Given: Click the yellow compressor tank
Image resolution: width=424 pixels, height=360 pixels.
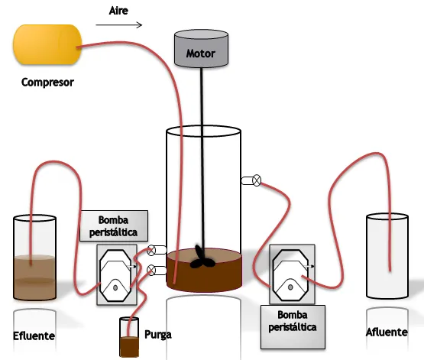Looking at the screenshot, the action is (x=47, y=44).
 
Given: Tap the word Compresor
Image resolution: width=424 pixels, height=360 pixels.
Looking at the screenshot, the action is (x=47, y=83).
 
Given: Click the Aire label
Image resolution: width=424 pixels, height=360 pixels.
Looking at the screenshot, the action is (x=118, y=11).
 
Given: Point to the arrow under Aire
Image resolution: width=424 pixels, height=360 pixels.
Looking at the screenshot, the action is (x=119, y=25).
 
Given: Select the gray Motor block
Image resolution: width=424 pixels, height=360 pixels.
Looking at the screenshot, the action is (x=201, y=48).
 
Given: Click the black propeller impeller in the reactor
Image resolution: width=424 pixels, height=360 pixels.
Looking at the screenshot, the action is (x=202, y=258).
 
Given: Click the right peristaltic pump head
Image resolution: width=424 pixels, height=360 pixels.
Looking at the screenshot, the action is (x=292, y=274).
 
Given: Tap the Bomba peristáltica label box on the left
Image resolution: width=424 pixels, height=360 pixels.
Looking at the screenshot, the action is (x=114, y=225).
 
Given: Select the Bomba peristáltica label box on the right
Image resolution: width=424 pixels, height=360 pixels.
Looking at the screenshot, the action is (x=293, y=327).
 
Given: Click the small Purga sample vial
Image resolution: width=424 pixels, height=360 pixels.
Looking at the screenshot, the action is (x=129, y=337).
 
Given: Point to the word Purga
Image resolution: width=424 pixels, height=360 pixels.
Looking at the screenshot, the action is (x=158, y=335).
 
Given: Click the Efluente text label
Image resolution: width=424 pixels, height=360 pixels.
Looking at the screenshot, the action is (x=34, y=336).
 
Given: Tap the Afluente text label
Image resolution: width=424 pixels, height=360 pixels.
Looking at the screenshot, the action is (x=387, y=332).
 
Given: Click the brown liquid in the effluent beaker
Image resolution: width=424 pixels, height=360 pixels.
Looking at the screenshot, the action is (x=34, y=277).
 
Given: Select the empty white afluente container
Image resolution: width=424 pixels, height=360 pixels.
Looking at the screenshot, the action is (x=387, y=256).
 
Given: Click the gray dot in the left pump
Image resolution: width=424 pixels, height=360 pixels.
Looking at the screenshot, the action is (x=115, y=288).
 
